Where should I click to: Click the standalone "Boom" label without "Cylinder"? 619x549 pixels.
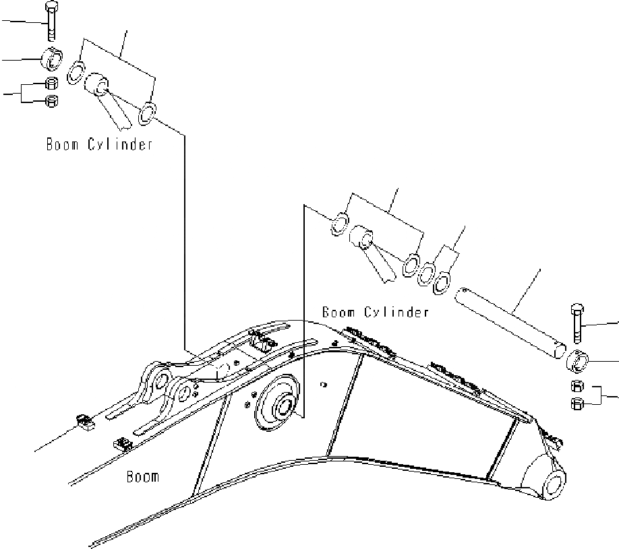143,477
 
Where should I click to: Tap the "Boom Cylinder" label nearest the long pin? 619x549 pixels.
375,313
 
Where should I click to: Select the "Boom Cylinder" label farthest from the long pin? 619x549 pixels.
99,144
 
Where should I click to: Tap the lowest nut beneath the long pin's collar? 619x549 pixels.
578,403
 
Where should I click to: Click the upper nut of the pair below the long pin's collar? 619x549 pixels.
578,387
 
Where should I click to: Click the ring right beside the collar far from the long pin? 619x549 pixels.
76,70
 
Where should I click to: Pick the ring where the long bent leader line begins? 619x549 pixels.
148,115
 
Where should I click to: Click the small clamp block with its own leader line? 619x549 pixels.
84,422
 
